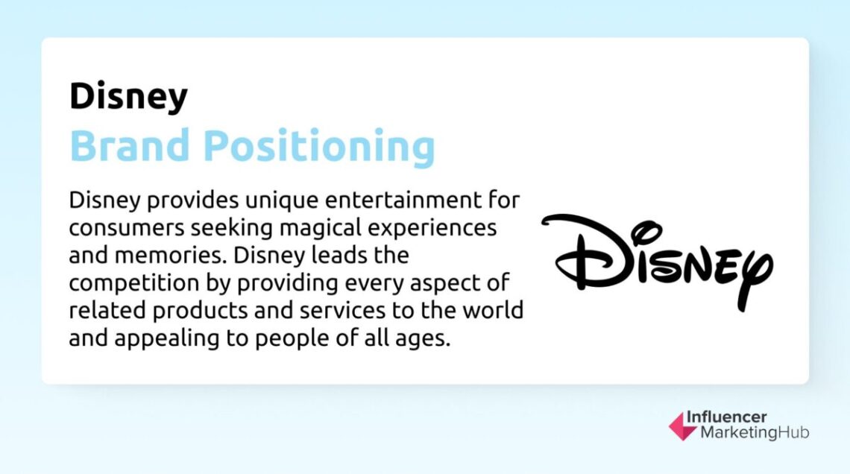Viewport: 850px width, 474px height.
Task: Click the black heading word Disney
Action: [128, 97]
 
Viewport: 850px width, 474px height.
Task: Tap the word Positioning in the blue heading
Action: [318, 147]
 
